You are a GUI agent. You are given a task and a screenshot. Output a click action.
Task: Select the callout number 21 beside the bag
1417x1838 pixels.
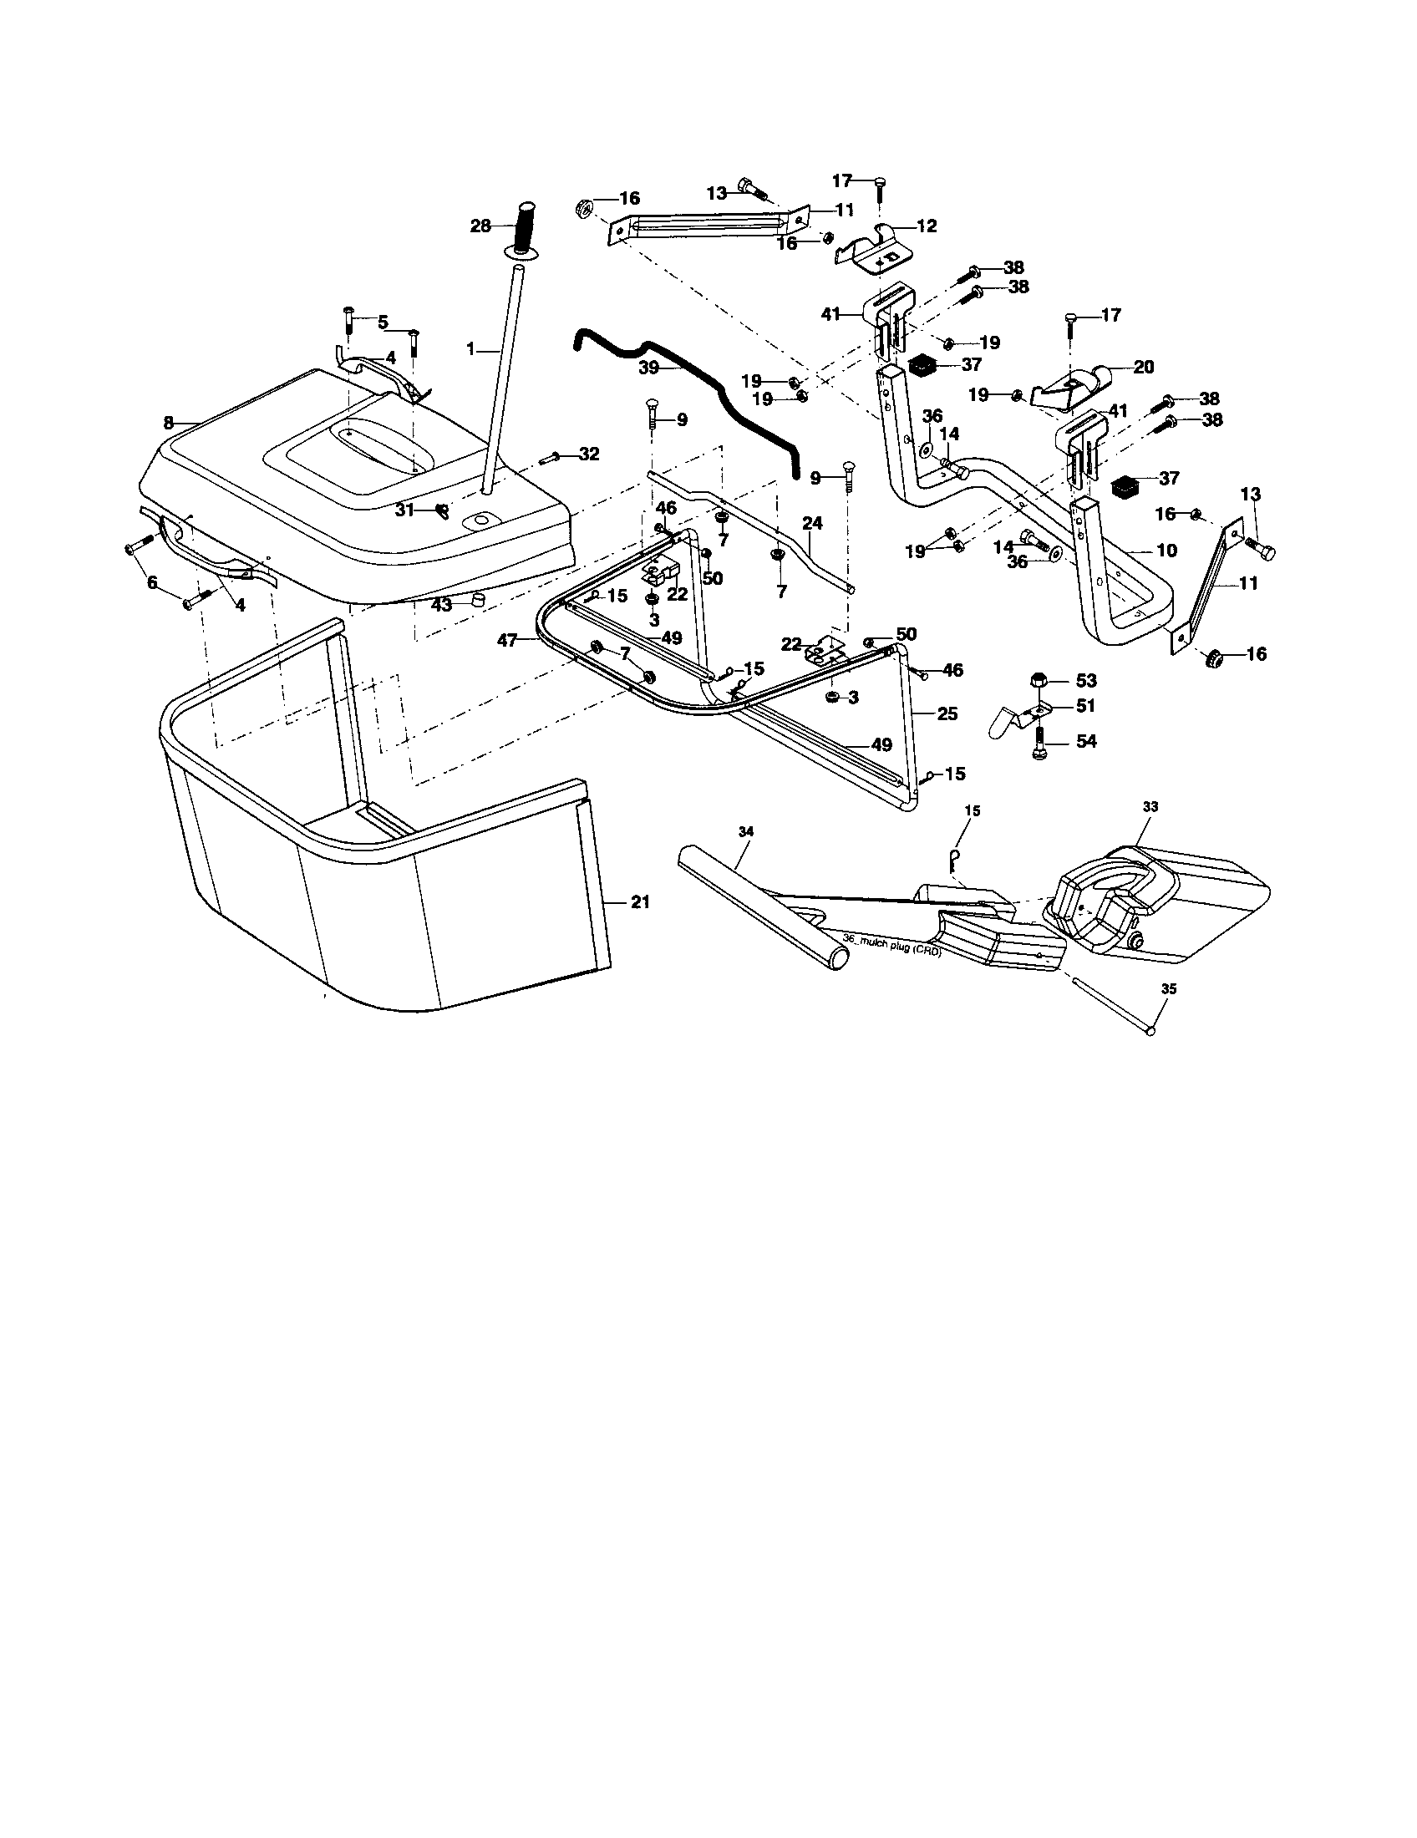[641, 901]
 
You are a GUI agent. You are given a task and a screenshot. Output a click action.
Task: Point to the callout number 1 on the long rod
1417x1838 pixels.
[471, 348]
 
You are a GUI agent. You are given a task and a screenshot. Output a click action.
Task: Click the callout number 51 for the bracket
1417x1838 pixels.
[1086, 705]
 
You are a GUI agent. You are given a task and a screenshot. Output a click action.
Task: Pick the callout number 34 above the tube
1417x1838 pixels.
[745, 831]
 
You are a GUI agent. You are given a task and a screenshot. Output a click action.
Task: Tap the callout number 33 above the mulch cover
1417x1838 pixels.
[1150, 806]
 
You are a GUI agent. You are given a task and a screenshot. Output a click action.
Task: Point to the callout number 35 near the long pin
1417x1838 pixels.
[1169, 990]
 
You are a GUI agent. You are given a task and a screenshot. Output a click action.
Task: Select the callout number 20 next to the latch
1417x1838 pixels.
[1144, 367]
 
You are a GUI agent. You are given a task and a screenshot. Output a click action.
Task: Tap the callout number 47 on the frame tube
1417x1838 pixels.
[507, 641]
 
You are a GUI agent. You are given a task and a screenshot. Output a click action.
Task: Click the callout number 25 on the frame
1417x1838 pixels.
[947, 713]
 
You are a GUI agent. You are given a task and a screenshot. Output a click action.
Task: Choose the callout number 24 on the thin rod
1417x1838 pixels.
[811, 523]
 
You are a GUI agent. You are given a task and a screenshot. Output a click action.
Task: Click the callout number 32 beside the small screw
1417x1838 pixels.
[589, 454]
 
